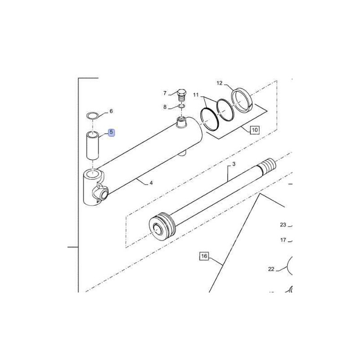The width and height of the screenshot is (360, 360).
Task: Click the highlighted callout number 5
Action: pos(111,132)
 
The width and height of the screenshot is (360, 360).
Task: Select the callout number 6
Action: pos(111,111)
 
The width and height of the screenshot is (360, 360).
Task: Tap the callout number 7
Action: pos(165,93)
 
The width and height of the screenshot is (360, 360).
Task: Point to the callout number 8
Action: pos(165,107)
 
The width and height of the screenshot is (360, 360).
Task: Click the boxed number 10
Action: pos(255,130)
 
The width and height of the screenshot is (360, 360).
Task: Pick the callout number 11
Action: pos(196,95)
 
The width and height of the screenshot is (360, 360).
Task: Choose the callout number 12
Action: pos(220,83)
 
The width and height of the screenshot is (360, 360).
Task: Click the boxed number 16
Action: pos(204,256)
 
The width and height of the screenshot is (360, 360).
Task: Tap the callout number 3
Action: pos(234,164)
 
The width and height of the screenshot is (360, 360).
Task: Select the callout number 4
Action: pos(151,183)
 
